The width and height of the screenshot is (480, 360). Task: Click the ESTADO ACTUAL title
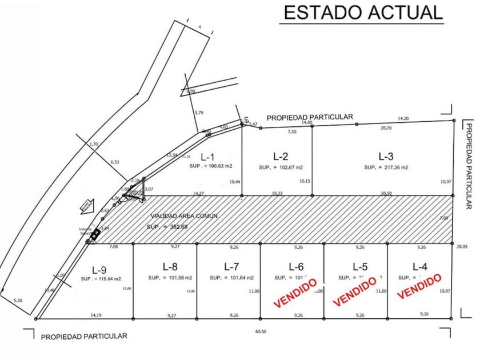point(362,13)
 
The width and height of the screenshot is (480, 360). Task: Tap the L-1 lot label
point(208,157)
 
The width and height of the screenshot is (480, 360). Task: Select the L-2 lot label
point(281,156)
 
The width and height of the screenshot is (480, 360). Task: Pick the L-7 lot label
point(231,266)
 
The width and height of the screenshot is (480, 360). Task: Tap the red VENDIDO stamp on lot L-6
point(295,293)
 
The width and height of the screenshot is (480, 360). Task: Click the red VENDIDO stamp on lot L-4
point(420,285)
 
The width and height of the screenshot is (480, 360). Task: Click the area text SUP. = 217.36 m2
point(386,167)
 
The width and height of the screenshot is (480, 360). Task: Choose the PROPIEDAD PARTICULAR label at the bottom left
point(84,336)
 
